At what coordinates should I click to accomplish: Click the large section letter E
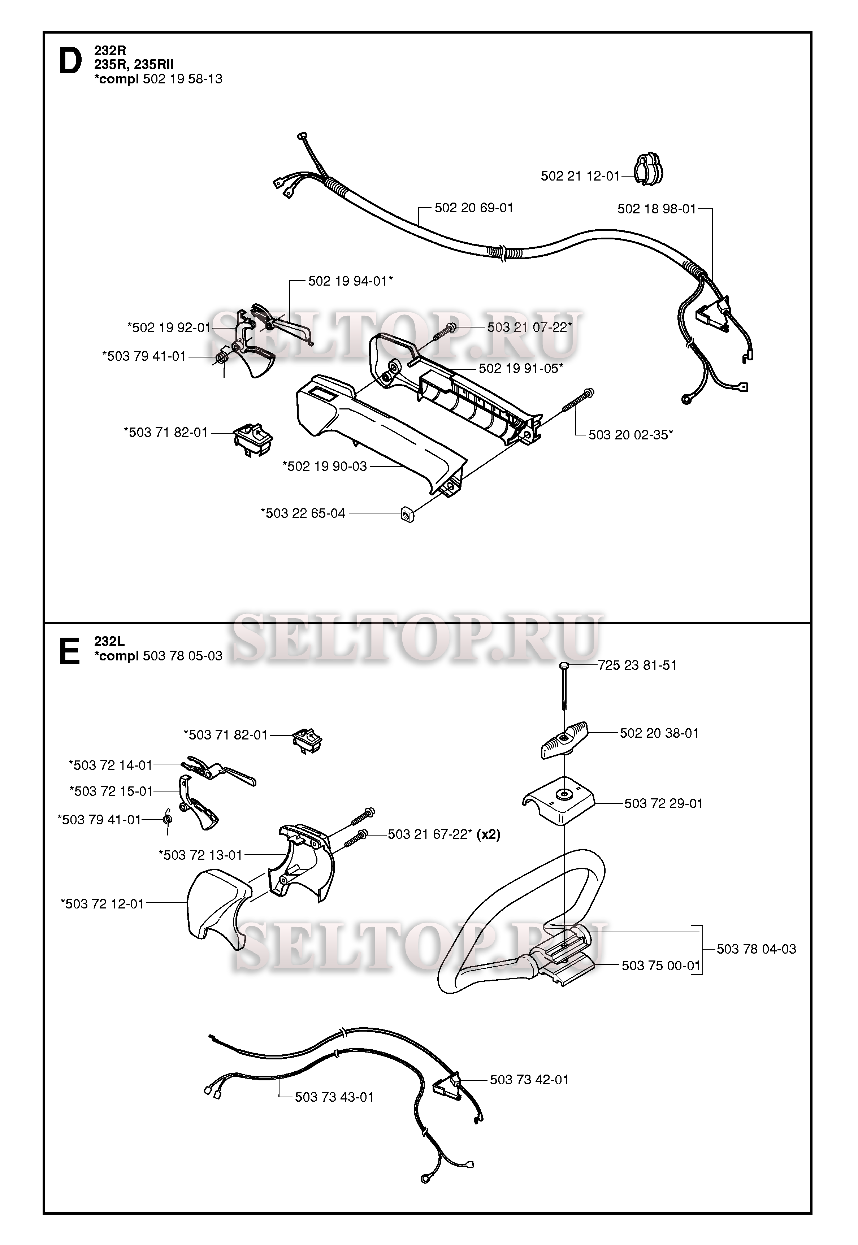69,651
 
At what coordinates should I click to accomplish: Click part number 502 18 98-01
656,209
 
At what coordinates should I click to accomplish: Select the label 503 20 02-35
630,435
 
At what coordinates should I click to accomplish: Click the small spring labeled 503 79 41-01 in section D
222,357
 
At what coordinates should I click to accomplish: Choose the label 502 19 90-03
325,466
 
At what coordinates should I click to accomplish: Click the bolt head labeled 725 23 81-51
564,666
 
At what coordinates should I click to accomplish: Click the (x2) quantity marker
488,835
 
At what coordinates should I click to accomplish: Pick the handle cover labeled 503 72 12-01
215,908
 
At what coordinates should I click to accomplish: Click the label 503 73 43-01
334,1097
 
